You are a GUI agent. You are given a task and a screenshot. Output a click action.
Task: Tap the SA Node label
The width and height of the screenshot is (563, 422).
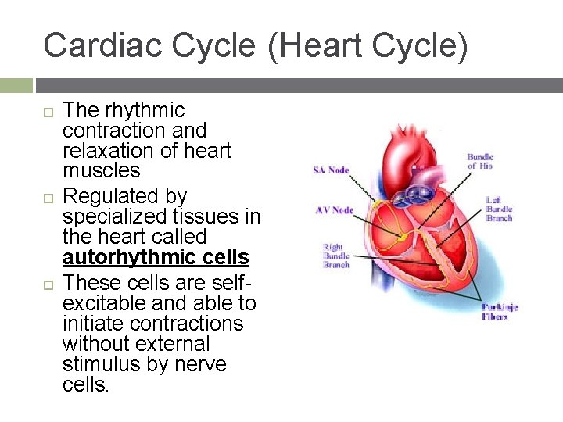[331, 170]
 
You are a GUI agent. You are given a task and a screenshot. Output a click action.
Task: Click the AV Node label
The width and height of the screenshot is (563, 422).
[334, 210]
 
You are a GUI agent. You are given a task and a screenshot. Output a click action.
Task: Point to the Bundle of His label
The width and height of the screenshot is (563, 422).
[482, 162]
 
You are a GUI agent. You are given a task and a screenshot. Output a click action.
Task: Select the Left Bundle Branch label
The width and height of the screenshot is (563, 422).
[499, 209]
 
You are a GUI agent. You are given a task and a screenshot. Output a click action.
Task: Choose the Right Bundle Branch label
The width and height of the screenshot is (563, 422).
[337, 256]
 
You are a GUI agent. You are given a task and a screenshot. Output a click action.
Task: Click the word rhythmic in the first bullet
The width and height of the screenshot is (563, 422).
[144, 110]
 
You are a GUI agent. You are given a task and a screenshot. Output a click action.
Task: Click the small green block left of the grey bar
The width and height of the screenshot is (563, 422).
[16, 85]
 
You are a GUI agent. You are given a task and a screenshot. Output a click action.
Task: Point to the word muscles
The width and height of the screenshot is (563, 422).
[102, 170]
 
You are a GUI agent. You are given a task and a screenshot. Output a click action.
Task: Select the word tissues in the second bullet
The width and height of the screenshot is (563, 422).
[211, 216]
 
